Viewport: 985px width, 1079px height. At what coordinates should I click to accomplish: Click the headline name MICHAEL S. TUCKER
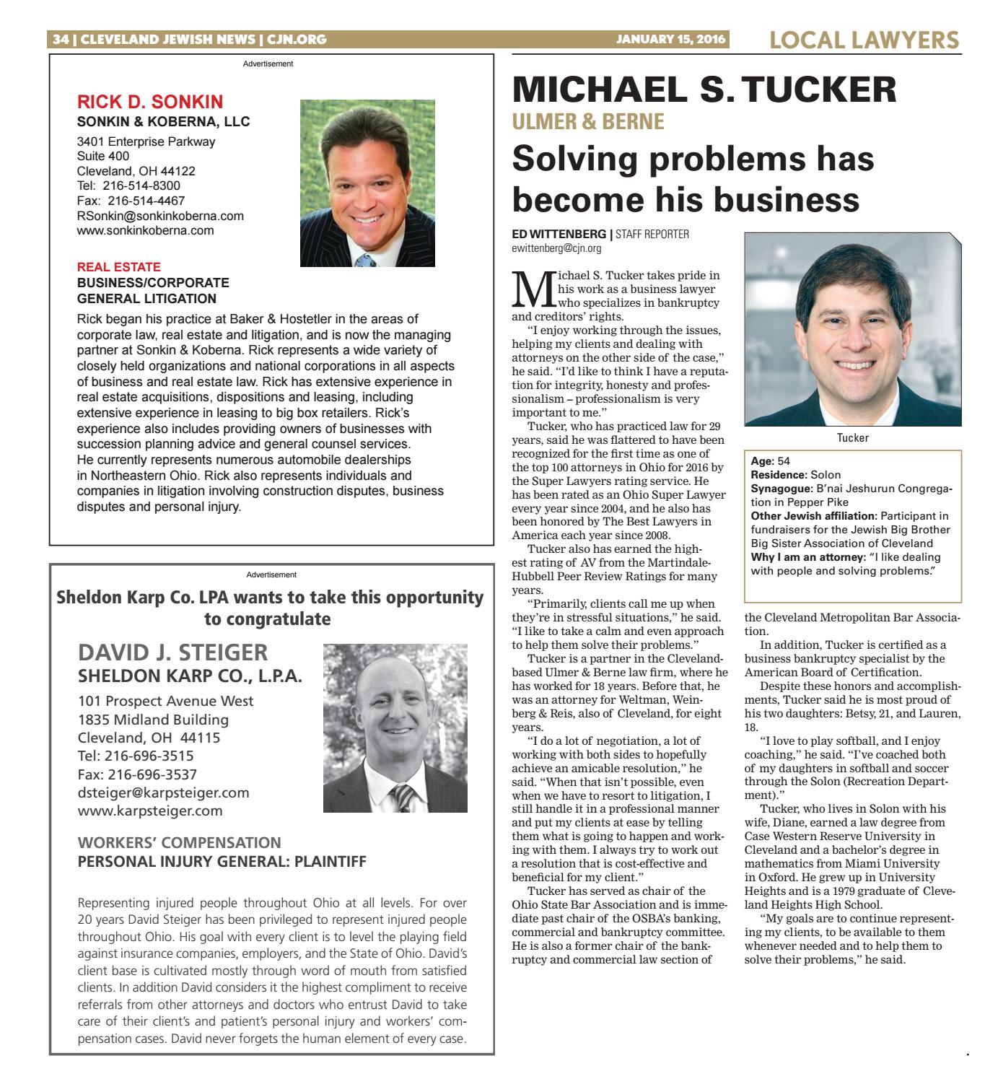pyautogui.click(x=704, y=90)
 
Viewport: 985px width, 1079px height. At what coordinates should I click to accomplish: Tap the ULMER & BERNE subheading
pyautogui.click(x=588, y=122)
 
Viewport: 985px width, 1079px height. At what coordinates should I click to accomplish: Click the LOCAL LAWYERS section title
pyautogui.click(x=864, y=40)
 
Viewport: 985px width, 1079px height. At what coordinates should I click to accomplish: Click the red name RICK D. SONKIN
pyautogui.click(x=150, y=102)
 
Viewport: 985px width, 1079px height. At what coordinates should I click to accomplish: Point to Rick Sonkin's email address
pyautogui.click(x=160, y=216)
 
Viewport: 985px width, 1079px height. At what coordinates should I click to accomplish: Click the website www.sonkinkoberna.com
pyautogui.click(x=146, y=231)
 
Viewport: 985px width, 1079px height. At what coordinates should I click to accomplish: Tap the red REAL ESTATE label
pyautogui.click(x=119, y=267)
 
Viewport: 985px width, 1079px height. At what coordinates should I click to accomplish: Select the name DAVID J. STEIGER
pyautogui.click(x=172, y=652)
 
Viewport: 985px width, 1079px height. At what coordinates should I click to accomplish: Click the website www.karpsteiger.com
pyautogui.click(x=150, y=811)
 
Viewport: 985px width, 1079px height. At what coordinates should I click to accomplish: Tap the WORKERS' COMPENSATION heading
pyautogui.click(x=179, y=842)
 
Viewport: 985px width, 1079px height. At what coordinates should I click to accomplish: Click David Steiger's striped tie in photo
pyautogui.click(x=402, y=798)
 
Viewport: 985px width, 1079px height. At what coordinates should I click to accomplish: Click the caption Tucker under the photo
pyautogui.click(x=853, y=438)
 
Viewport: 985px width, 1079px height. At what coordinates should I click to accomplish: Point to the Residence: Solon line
pyautogui.click(x=786, y=475)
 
